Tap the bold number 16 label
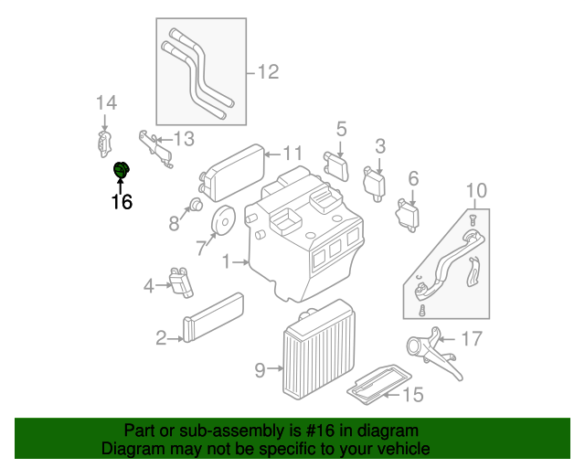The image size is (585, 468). (x=122, y=202)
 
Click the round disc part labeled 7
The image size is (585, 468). (x=222, y=222)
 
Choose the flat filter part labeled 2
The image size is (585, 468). (x=214, y=316)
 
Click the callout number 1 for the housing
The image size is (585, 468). (x=226, y=262)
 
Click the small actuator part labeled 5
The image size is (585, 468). (x=338, y=165)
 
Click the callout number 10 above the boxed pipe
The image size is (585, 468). (x=476, y=191)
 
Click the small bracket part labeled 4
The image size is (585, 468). (x=182, y=282)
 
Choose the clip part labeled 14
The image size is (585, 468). (x=104, y=142)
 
